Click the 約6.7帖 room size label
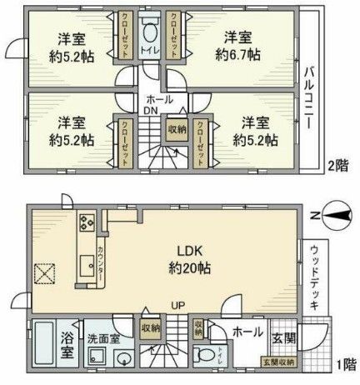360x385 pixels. [238, 55]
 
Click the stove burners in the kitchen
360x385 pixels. [86, 222]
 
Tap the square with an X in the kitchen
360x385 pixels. [45, 272]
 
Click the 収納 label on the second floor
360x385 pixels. [177, 129]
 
